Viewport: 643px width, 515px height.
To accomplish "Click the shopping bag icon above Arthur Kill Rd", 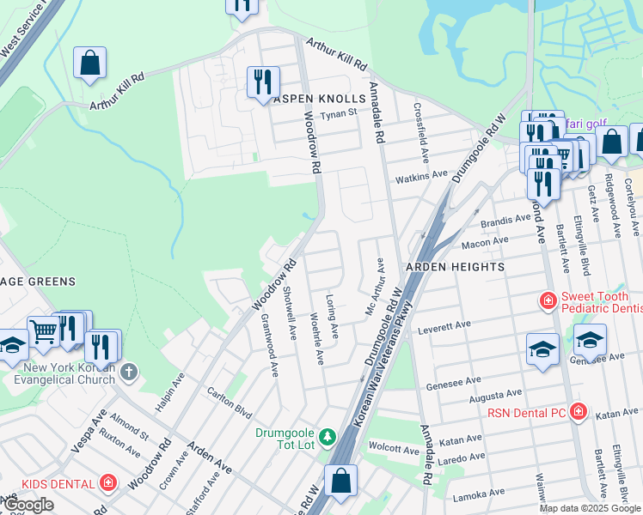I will (x=89, y=63).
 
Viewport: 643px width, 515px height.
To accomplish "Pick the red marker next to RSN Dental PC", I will (x=579, y=413).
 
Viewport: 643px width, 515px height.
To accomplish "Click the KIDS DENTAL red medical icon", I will (x=108, y=483).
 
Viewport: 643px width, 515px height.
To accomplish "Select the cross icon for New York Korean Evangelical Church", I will (x=129, y=372).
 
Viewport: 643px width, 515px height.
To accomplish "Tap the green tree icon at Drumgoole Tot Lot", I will (x=327, y=438).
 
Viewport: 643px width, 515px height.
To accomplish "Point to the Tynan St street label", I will (x=338, y=114).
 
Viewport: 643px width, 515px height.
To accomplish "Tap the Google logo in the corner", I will (x=28, y=505).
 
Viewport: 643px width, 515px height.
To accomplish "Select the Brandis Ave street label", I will (x=506, y=220).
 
